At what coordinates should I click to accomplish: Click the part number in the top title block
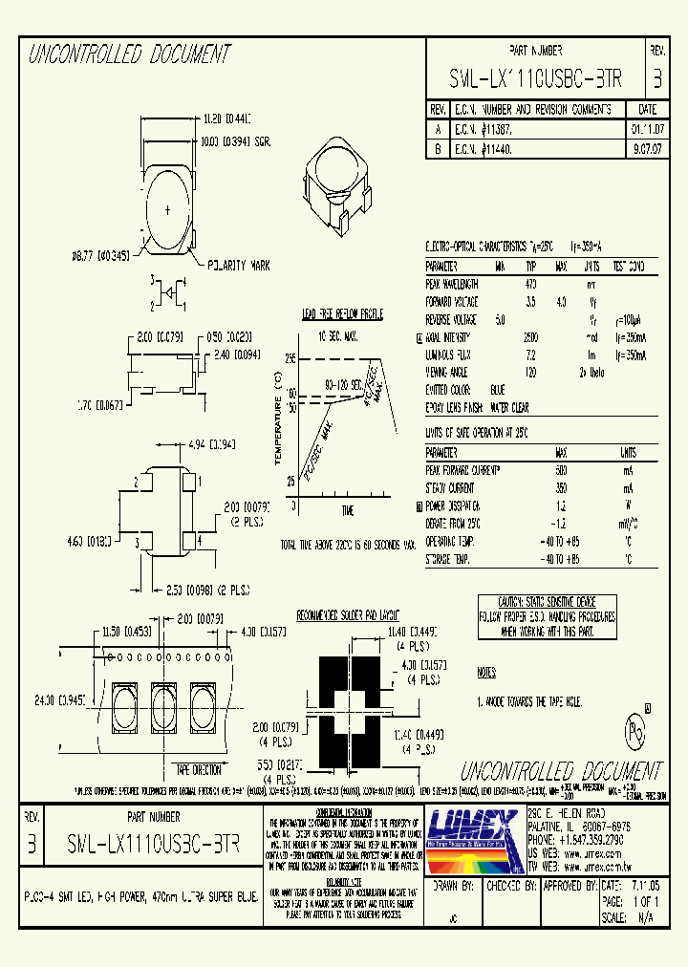(x=535, y=79)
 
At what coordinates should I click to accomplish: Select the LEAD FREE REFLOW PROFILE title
(x=344, y=312)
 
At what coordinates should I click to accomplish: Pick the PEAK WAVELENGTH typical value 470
(x=531, y=284)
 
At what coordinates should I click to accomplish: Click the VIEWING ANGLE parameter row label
(x=451, y=372)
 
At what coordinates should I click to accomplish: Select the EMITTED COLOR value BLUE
(x=497, y=389)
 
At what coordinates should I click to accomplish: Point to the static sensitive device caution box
(x=548, y=617)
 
